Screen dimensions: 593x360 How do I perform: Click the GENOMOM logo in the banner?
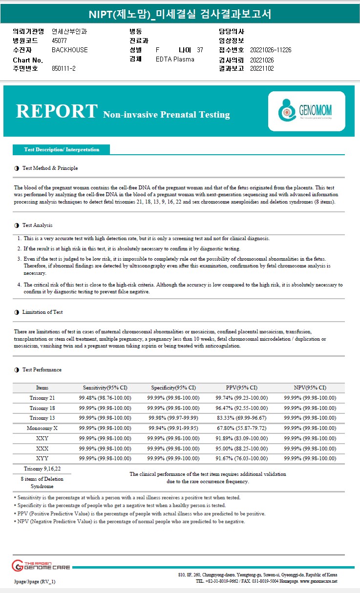pos(306,111)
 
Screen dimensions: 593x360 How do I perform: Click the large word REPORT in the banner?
pos(57,111)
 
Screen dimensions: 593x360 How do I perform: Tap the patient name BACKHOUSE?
pos(70,50)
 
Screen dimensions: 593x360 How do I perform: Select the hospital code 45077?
pos(59,41)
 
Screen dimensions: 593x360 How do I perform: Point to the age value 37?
pos(200,50)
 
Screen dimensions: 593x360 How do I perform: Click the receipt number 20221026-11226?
pos(271,50)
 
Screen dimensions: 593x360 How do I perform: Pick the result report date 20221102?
pos(262,69)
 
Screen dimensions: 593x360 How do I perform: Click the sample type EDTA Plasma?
pos(175,60)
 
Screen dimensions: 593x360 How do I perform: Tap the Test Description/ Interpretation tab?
pos(62,149)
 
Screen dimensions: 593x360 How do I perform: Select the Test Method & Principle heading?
pos(50,168)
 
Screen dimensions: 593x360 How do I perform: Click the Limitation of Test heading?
pos(42,312)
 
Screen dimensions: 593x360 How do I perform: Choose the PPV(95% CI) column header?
pos(241,388)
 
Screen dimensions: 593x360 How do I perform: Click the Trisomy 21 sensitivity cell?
pos(105,398)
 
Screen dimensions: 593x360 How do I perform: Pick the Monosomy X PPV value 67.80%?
pos(241,428)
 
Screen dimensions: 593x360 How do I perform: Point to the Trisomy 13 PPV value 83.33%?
pos(241,418)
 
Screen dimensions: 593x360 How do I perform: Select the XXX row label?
pos(42,448)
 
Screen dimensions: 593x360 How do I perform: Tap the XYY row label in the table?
pos(42,458)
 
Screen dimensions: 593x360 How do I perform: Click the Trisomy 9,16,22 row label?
pos(42,469)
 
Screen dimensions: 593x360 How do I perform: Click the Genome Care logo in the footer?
pos(41,565)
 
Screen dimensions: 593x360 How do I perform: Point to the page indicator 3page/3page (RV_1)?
pos(35,581)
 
